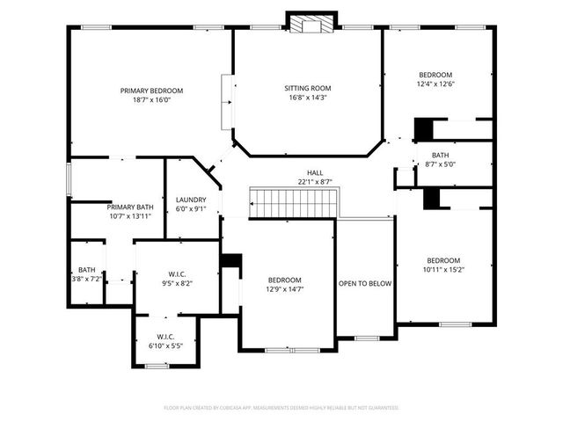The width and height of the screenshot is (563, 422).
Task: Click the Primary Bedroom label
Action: pos(151,91)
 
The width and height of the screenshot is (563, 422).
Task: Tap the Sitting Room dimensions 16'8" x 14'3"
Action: pos(307,98)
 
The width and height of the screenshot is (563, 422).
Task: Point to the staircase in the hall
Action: pos(294,203)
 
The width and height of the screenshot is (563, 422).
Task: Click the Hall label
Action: pos(314,172)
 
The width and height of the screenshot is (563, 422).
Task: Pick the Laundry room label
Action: pos(191,200)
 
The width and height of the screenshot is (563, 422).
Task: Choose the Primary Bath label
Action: pos(130,207)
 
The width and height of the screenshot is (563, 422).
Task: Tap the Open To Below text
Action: pos(365,284)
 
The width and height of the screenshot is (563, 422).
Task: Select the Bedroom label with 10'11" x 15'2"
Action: pos(443,260)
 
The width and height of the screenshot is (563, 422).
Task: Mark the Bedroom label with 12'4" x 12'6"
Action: pos(435,75)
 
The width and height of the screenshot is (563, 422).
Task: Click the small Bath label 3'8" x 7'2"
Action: pos(87,270)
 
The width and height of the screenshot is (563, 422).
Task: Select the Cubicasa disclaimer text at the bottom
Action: pos(281,408)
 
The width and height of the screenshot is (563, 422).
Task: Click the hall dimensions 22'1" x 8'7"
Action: pos(314,182)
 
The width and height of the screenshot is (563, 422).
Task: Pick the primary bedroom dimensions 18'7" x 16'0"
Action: pos(151,100)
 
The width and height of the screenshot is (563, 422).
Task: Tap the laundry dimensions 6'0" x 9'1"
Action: pos(191,209)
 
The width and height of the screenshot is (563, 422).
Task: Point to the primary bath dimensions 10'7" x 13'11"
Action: pos(131,216)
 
